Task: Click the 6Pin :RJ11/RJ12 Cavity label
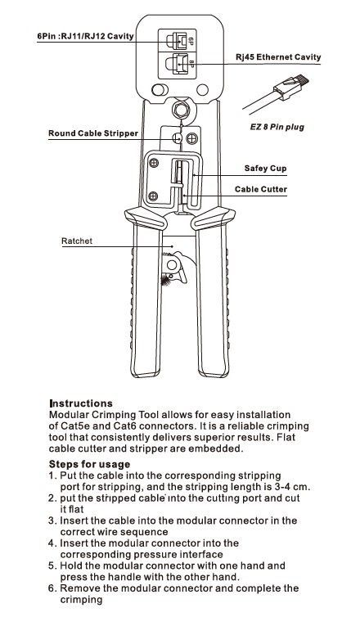pyautogui.click(x=85, y=37)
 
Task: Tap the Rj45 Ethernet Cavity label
pyautogui.click(x=278, y=57)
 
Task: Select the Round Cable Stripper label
pyautogui.click(x=93, y=133)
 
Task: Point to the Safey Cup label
pyautogui.click(x=266, y=169)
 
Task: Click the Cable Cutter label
pyautogui.click(x=261, y=189)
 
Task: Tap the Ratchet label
pyautogui.click(x=77, y=241)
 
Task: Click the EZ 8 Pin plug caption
pyautogui.click(x=277, y=127)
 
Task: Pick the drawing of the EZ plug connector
pyautogui.click(x=277, y=92)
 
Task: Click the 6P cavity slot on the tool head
pyautogui.click(x=178, y=40)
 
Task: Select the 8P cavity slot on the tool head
pyautogui.click(x=178, y=64)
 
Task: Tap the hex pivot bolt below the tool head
pyautogui.click(x=181, y=110)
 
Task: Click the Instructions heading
pyautogui.click(x=81, y=403)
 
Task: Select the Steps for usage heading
pyautogui.click(x=89, y=464)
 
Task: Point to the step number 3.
pyautogui.click(x=52, y=520)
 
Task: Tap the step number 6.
pyautogui.click(x=52, y=588)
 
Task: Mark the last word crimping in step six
pyautogui.click(x=81, y=600)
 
